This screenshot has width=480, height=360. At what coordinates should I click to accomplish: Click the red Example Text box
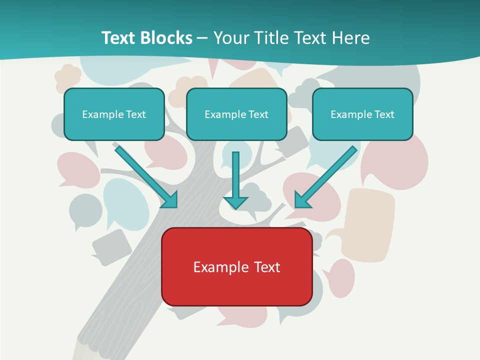pyautogui.click(x=236, y=266)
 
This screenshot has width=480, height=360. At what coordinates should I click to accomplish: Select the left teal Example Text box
pyautogui.click(x=114, y=114)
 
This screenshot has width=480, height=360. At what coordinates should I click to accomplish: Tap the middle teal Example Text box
pyautogui.click(x=236, y=114)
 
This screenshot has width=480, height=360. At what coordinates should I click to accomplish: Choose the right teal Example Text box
pyautogui.click(x=362, y=114)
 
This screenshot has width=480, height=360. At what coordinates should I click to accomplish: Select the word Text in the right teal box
pyautogui.click(x=384, y=114)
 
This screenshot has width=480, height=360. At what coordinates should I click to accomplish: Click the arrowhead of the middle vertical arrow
pyautogui.click(x=235, y=202)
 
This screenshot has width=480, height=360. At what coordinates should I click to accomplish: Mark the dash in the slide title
pyautogui.click(x=202, y=38)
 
